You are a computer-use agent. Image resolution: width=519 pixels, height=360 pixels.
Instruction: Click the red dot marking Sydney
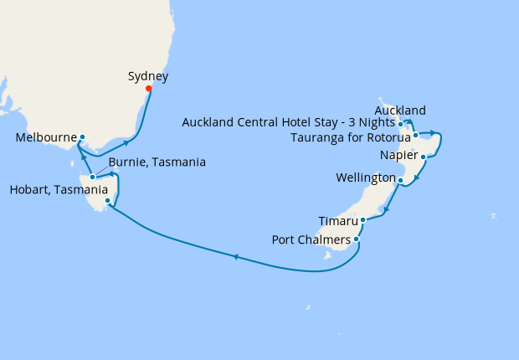click(149, 89)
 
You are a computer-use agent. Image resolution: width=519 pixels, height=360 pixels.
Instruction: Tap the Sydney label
click(148, 76)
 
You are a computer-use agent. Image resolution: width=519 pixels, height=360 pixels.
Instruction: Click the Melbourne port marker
click(82, 136)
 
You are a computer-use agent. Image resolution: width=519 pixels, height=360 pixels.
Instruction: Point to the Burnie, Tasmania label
click(157, 162)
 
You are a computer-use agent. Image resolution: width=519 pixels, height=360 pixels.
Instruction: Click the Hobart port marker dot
click(108, 201)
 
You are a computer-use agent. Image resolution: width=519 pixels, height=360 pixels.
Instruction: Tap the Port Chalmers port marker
click(357, 239)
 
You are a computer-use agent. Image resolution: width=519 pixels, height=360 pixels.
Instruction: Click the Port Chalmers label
click(311, 239)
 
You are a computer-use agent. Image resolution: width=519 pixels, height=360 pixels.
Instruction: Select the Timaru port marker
click(362, 220)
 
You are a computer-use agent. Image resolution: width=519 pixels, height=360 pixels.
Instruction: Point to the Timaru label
click(338, 221)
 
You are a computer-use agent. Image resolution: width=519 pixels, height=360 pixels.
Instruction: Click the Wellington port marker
click(401, 180)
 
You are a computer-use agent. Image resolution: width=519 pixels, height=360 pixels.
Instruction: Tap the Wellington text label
click(365, 178)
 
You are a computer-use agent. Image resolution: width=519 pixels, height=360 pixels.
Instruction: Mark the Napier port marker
click(424, 157)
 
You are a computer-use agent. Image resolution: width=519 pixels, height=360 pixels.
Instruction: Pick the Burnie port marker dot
click(93, 177)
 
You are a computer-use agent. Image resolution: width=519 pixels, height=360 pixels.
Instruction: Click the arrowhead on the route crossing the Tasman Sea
click(236, 257)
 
